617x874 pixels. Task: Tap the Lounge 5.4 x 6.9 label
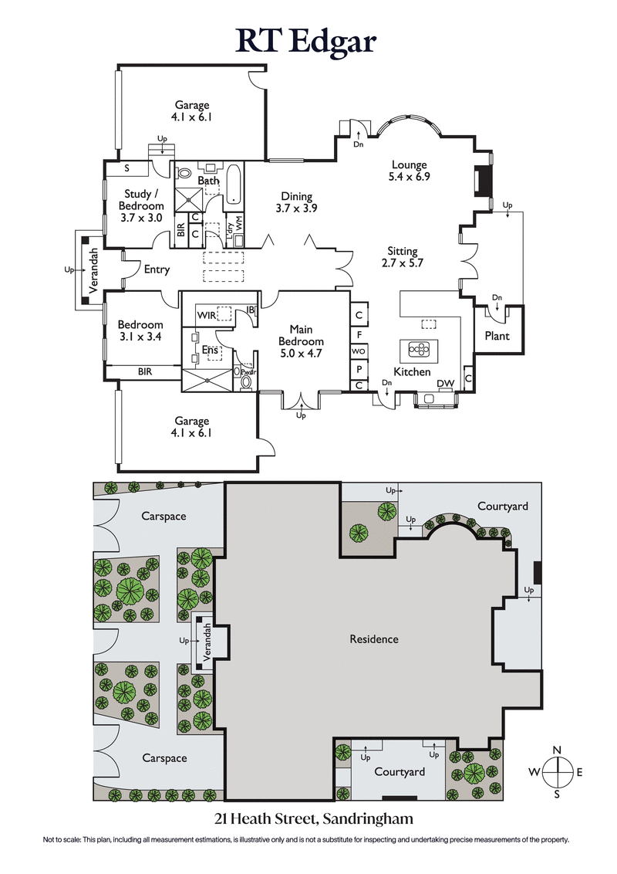(409, 171)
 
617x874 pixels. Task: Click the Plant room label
(497, 336)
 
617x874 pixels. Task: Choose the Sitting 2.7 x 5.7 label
(403, 257)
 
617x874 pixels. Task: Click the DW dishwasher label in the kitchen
(445, 384)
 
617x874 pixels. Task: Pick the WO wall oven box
(359, 351)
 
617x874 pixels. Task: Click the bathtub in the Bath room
(234, 189)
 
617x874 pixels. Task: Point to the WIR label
(206, 316)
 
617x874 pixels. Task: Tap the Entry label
(157, 269)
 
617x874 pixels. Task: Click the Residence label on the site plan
(374, 639)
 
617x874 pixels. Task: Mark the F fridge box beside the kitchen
(359, 334)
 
